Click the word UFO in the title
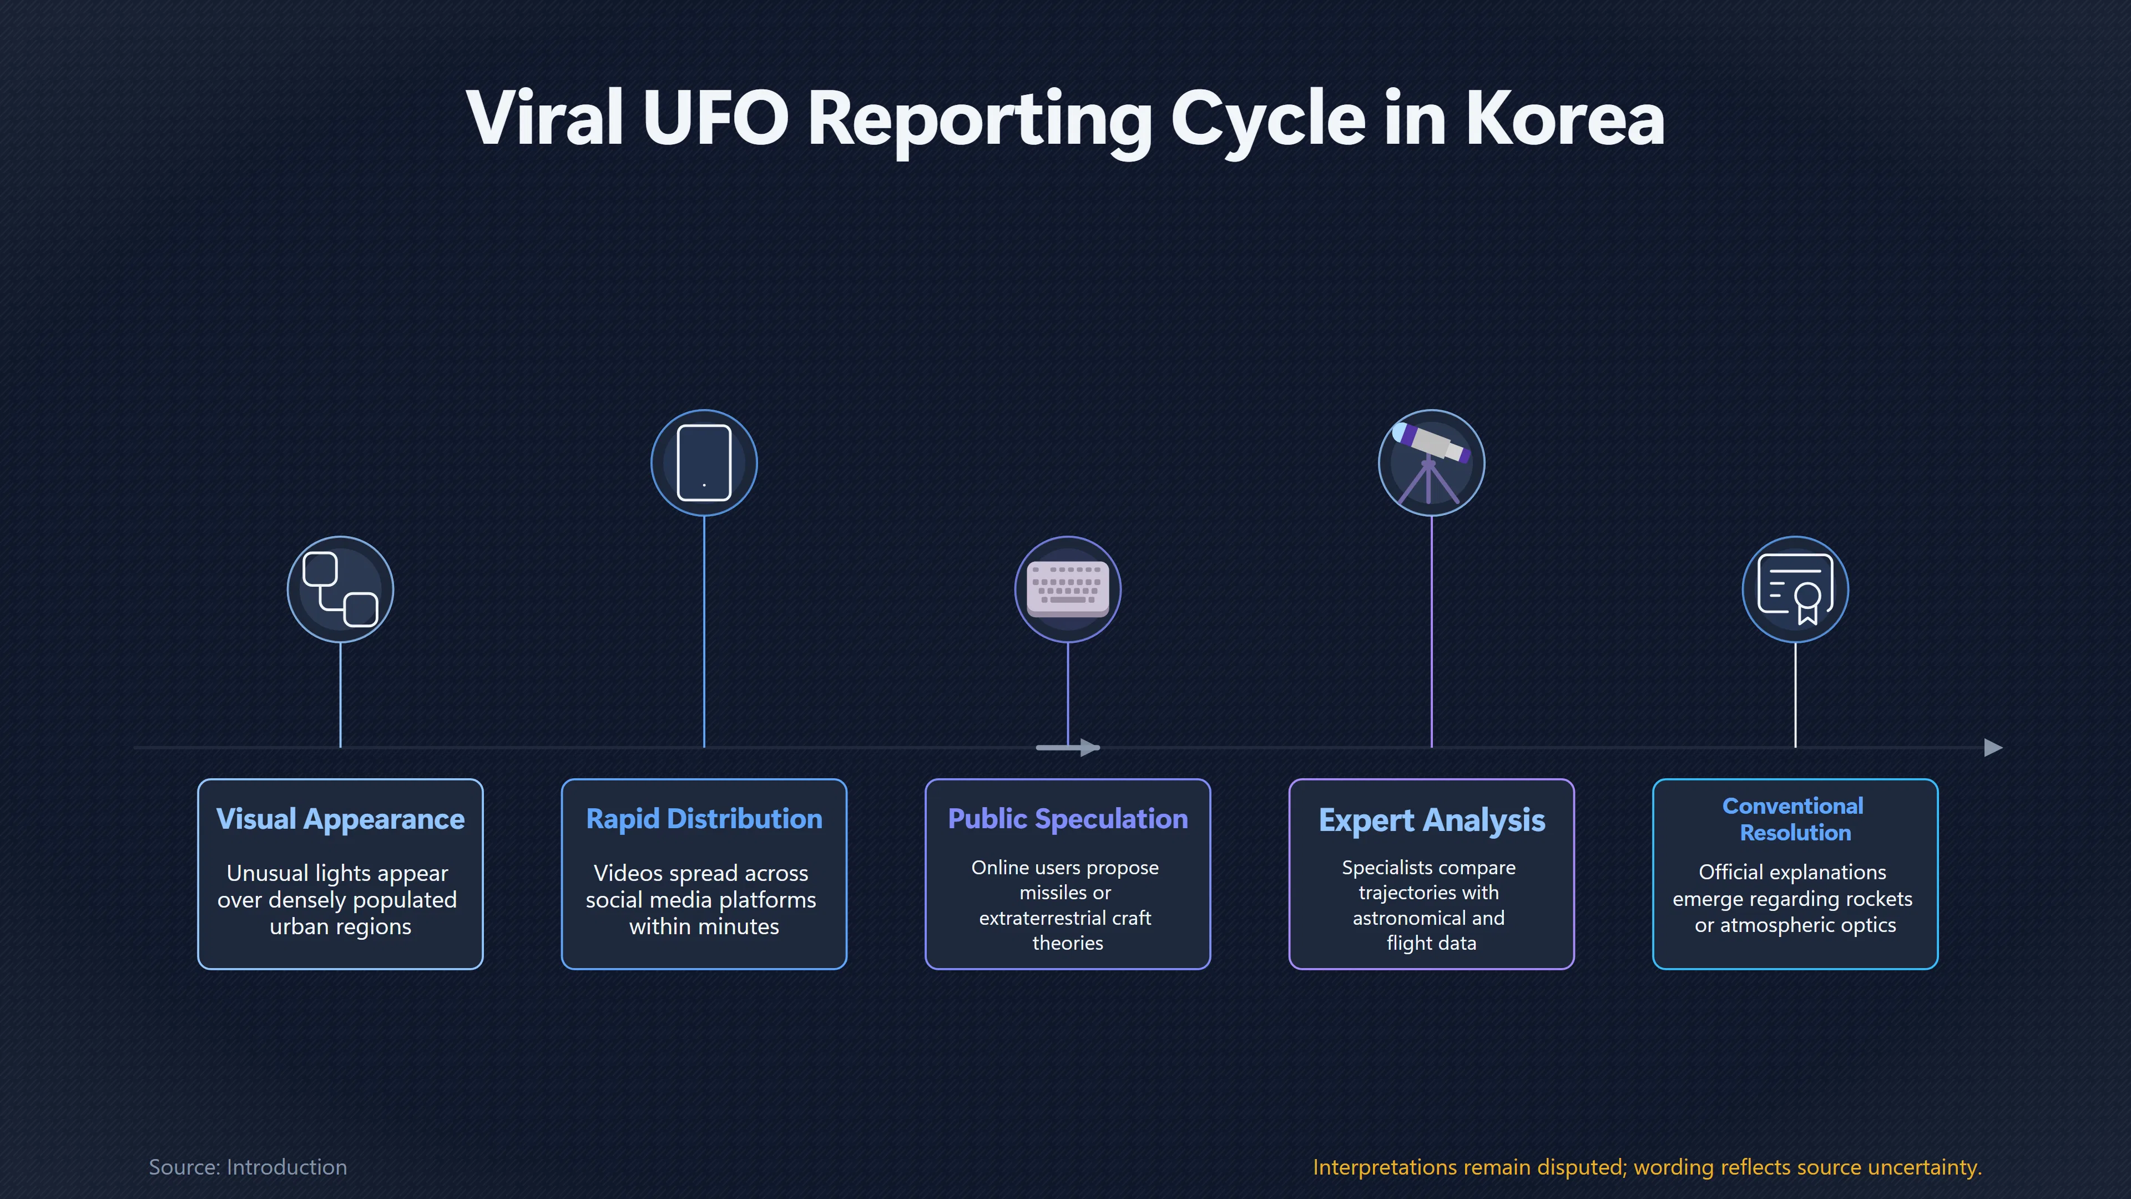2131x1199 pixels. coord(715,118)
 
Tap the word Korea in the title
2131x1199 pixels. coord(1564,118)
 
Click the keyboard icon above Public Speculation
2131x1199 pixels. coord(1067,589)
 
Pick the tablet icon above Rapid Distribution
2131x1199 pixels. coord(704,462)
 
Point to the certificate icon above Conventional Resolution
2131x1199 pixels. coord(1795,589)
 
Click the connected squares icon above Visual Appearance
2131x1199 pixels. coord(340,589)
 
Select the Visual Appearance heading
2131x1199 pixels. coord(340,819)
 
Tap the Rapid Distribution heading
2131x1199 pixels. coord(704,819)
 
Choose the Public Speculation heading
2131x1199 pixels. coord(1067,819)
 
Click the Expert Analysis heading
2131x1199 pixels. coord(1431,820)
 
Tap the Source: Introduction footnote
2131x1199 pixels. coord(248,1167)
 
